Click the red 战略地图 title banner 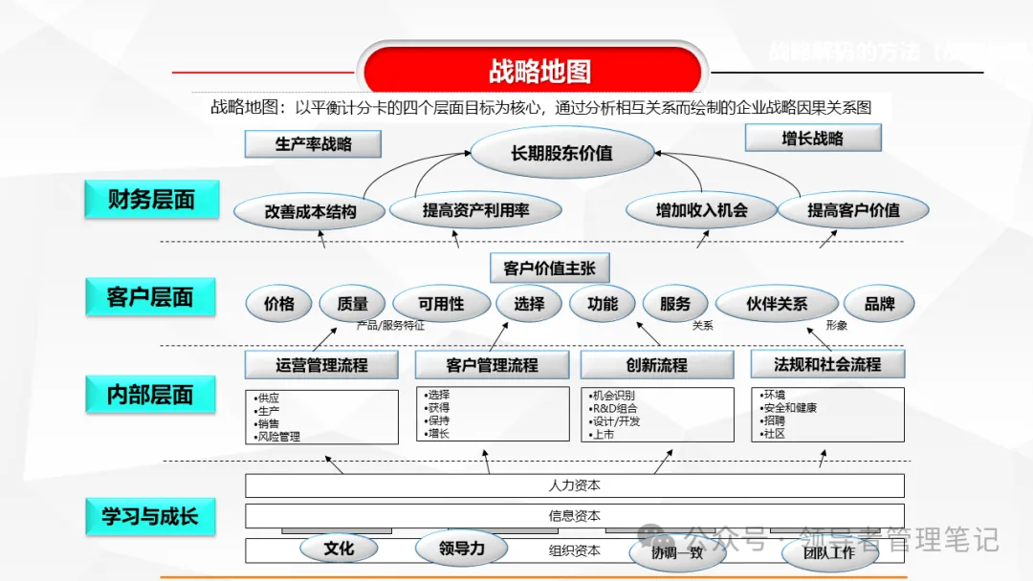pos(538,72)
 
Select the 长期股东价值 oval pos(561,152)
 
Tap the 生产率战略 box pos(313,144)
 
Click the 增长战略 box pos(812,139)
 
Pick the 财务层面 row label pos(151,200)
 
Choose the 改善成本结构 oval pos(310,211)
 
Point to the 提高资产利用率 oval pos(475,209)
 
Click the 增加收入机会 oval pos(701,209)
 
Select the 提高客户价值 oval pos(853,209)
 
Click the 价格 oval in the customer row pos(278,304)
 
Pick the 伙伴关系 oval pos(777,304)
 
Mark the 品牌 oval pos(879,304)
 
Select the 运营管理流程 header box pos(321,364)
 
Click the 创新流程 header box pos(656,364)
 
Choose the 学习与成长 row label pos(150,516)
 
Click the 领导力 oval pos(462,549)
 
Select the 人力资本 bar pos(574,485)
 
